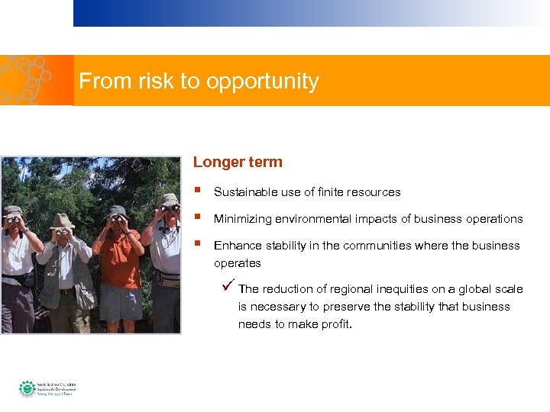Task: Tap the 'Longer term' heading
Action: point(238,162)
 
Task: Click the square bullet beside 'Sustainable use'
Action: point(198,191)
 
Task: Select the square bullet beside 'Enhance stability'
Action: point(198,244)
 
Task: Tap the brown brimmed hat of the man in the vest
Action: point(61,220)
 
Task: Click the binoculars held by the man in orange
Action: point(116,218)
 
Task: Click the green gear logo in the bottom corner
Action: point(27,388)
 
